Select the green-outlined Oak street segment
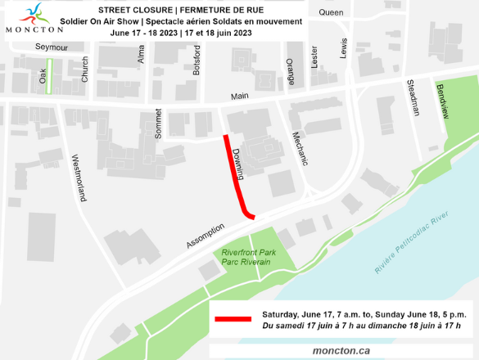point(49,75)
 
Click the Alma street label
point(141,55)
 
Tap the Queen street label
point(331,12)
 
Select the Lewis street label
point(343,47)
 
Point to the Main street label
point(239,97)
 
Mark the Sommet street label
point(159,123)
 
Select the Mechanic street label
point(299,148)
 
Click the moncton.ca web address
point(341,350)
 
